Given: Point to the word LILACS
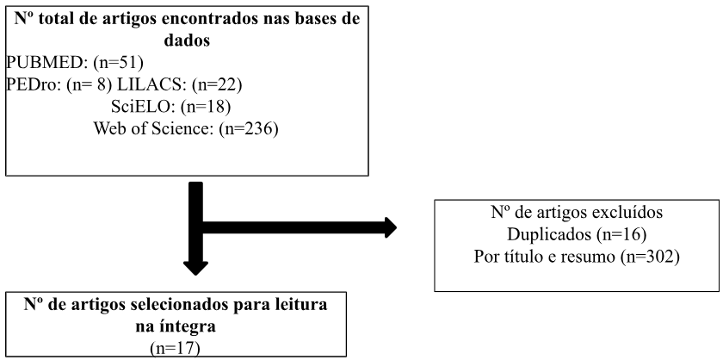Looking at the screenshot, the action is point(151,84).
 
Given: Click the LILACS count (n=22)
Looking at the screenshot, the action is point(217,85).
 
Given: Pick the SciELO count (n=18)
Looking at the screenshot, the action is point(205,107).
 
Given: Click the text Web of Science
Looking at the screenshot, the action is point(153,128).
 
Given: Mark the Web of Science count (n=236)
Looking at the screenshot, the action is point(249,129).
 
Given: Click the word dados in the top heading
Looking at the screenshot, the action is point(187,40).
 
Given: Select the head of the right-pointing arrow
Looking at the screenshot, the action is point(390,227).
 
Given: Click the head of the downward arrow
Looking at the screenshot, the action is point(195,268).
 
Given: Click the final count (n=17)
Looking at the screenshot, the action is point(176,349).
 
